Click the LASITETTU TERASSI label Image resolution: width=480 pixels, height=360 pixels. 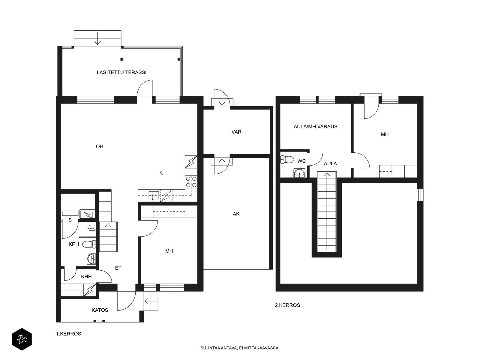pyautogui.click(x=121, y=72)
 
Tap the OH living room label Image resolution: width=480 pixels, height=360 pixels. pyautogui.click(x=100, y=146)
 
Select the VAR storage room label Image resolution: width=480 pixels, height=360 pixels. pyautogui.click(x=236, y=132)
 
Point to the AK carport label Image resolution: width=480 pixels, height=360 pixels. pyautogui.click(x=236, y=214)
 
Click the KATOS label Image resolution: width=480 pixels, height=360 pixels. pyautogui.click(x=100, y=310)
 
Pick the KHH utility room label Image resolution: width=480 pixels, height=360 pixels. pyautogui.click(x=86, y=277)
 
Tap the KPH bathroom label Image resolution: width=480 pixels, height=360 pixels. pyautogui.click(x=74, y=244)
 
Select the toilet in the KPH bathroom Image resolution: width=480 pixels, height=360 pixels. pyautogui.click(x=89, y=244)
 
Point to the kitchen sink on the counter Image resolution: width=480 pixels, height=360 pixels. pyautogui.click(x=154, y=195)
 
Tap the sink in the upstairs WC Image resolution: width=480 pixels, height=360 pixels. pyautogui.click(x=299, y=173)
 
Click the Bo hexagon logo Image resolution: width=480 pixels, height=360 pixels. pyautogui.click(x=22, y=339)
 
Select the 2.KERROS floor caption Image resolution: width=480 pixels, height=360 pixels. pyautogui.click(x=287, y=305)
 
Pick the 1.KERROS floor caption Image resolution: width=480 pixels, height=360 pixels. pyautogui.click(x=69, y=334)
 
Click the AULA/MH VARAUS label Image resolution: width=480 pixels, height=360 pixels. pyautogui.click(x=315, y=127)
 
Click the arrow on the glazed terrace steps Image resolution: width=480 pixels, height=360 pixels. pyautogui.click(x=97, y=38)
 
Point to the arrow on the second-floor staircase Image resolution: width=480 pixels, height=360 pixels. pyautogui.click(x=327, y=211)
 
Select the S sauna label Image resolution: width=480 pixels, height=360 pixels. pyautogui.click(x=70, y=220)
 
